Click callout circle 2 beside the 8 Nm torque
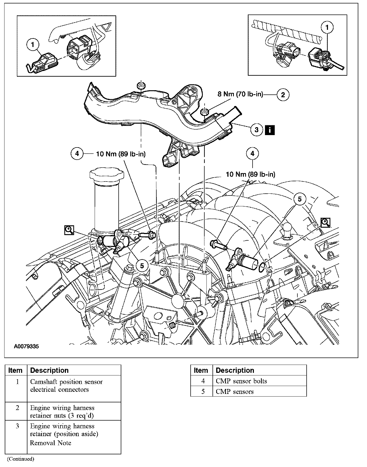point(283,95)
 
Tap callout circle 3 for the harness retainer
point(257,130)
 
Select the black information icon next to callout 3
point(270,130)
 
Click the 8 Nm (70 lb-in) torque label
point(240,94)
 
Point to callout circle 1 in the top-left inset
point(33,45)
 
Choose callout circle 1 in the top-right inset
point(327,27)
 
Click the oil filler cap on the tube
point(107,175)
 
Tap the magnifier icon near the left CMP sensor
point(69,230)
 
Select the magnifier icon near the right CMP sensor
point(326,222)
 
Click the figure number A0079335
point(26,346)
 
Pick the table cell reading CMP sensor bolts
point(241,381)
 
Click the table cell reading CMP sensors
point(234,392)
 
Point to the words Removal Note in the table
point(50,443)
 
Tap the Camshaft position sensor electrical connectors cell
point(66,385)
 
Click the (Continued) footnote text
point(21,459)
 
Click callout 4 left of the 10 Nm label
point(77,154)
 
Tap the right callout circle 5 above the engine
point(300,199)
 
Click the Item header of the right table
point(201,370)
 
